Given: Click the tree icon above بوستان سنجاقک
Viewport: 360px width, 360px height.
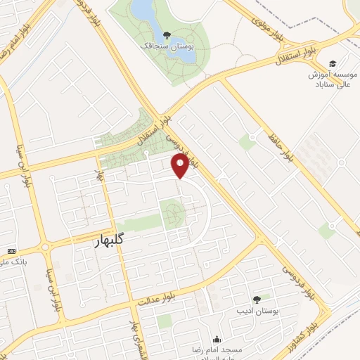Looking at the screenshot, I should tap(167, 34).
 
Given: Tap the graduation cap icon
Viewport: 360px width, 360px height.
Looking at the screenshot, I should tap(332, 63).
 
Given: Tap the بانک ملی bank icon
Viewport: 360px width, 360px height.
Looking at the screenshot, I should tap(11, 251).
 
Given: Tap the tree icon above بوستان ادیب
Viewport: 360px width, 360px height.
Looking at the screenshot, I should tap(256, 299).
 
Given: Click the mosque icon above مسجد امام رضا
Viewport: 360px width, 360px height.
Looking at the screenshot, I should tap(216, 339).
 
